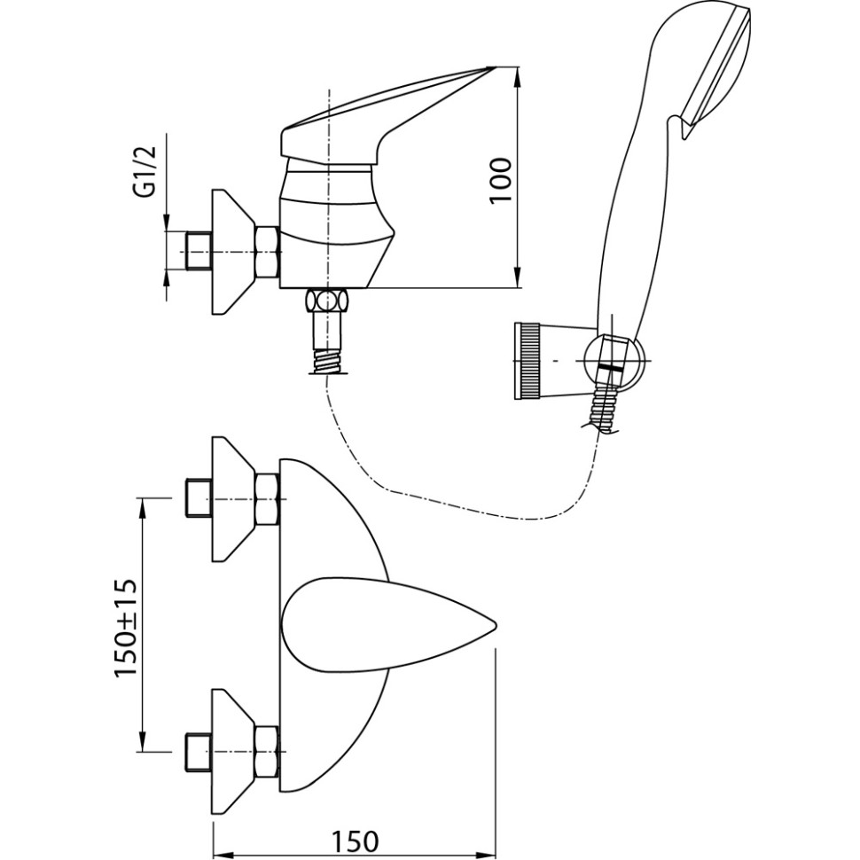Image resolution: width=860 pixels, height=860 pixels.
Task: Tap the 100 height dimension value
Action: point(502,180)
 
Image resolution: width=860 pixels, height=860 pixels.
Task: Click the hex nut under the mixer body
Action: point(327,300)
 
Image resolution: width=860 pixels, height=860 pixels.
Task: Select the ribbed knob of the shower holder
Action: point(528,361)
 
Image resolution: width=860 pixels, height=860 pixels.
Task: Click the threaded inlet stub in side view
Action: point(198,252)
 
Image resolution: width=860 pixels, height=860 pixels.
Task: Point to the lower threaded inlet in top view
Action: point(197,751)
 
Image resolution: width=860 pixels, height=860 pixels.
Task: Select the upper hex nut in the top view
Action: point(267,499)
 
